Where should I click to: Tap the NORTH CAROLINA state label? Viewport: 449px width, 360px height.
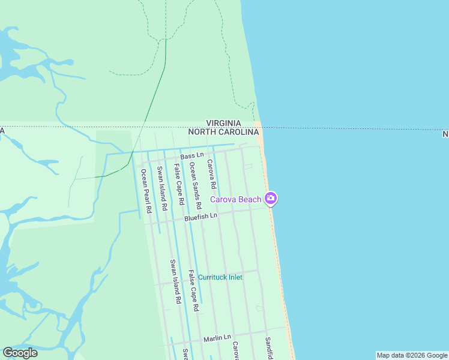coord(228,131)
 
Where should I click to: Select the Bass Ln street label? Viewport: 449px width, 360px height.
coord(192,156)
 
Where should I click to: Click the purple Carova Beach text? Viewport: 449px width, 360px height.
coord(235,199)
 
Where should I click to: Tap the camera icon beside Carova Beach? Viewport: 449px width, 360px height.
coord(271,198)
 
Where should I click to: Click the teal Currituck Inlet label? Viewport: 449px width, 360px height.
coord(220,277)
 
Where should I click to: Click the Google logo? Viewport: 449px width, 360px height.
coord(20,353)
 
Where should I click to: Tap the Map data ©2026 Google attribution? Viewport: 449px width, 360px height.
coord(412,355)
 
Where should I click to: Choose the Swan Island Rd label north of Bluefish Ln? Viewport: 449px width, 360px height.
coord(161,188)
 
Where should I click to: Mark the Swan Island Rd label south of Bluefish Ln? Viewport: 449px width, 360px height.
coord(175,281)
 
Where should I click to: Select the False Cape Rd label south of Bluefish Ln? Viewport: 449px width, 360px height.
coord(193,291)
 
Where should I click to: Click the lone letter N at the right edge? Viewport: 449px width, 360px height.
coord(445,134)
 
